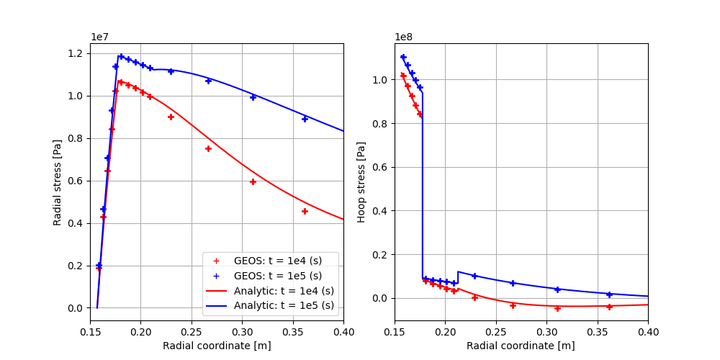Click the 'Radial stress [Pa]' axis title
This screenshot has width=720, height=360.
click(58, 182)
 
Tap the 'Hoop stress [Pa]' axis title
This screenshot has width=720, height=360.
click(361, 182)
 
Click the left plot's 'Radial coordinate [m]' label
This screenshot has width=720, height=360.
click(217, 346)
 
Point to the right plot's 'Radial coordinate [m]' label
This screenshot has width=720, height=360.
click(521, 346)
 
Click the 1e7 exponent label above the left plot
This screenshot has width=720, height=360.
click(100, 37)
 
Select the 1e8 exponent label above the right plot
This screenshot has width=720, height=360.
click(404, 37)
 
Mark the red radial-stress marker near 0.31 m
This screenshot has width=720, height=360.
click(253, 181)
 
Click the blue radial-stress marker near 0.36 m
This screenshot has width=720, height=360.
click(305, 119)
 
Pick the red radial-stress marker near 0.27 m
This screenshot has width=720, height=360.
click(208, 148)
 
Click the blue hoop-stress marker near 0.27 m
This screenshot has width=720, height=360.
click(513, 283)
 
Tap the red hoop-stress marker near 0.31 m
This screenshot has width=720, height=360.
click(557, 308)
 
